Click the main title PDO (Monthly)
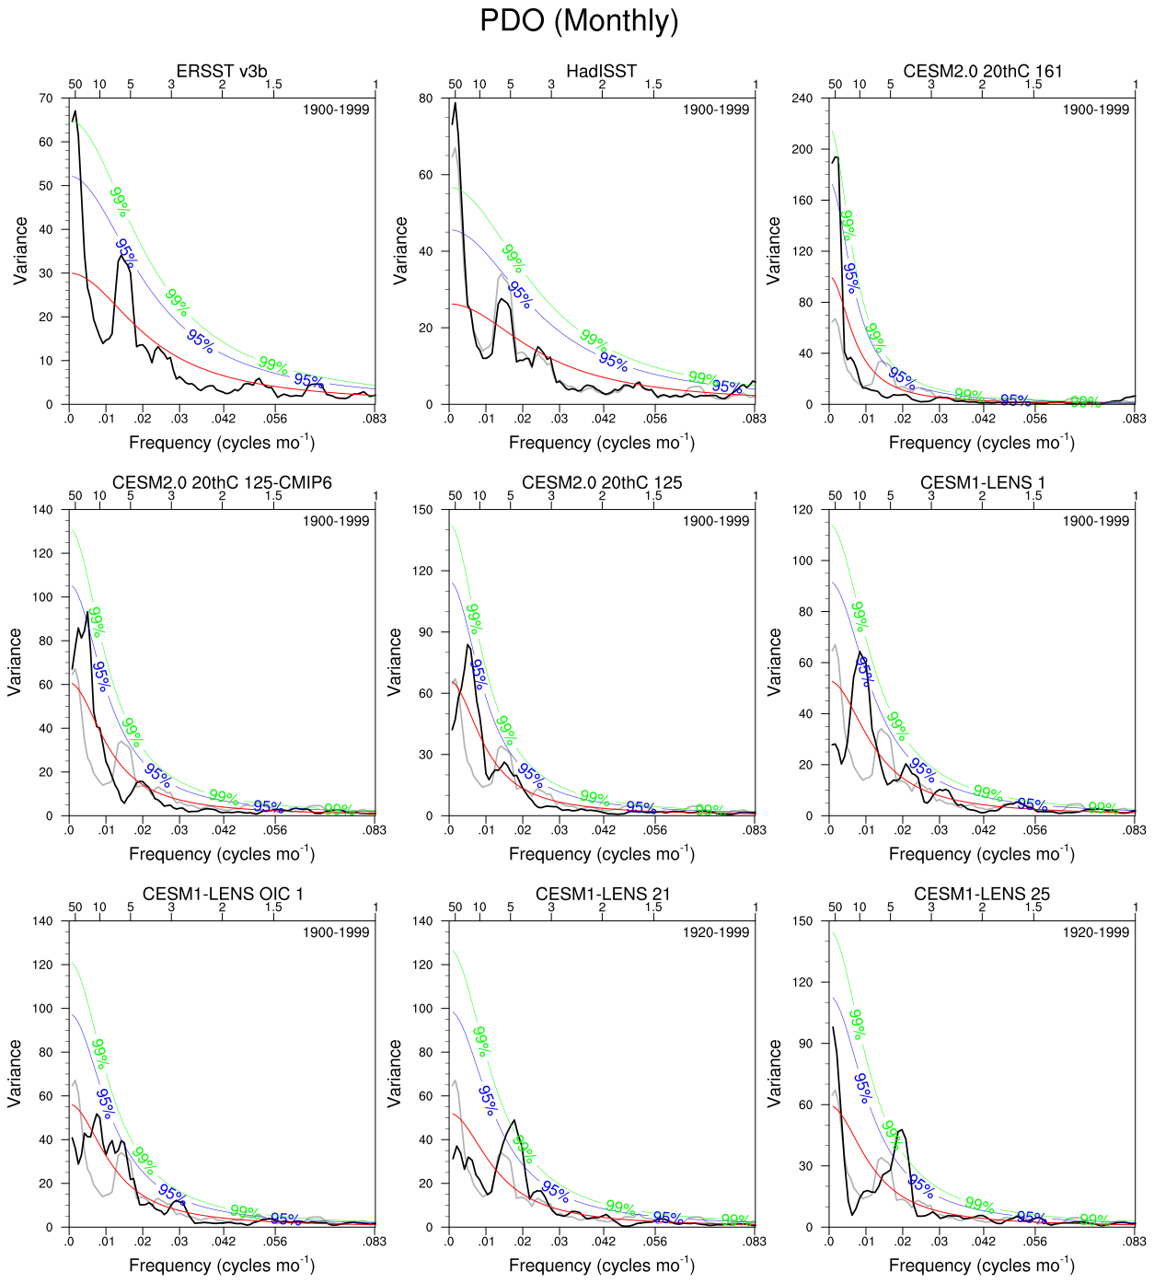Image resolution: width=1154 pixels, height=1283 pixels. point(579,20)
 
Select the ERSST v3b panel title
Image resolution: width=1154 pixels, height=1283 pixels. point(222,71)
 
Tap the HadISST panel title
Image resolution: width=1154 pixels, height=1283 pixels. point(601,71)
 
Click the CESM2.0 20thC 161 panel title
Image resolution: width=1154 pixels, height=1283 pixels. point(982,71)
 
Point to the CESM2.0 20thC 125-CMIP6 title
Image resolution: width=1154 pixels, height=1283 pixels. point(222,482)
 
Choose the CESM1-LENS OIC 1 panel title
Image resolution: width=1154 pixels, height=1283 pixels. point(222,894)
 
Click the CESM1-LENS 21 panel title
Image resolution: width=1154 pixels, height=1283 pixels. point(602,894)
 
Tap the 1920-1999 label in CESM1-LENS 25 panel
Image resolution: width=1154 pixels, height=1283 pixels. point(1095,932)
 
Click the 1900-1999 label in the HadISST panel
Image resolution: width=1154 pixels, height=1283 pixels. point(715,110)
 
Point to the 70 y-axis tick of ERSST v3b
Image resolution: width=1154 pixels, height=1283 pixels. point(47,98)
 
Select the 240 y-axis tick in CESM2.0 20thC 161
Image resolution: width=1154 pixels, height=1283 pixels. point(802,98)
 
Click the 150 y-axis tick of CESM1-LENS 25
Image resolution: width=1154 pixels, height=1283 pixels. point(802,921)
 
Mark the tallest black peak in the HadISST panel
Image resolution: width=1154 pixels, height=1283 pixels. point(455,102)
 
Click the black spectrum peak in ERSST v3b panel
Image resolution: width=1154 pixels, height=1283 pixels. point(75,111)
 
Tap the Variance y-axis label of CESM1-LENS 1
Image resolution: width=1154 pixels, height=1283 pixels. point(774,661)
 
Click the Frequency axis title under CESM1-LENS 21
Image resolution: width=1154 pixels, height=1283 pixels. point(601,1266)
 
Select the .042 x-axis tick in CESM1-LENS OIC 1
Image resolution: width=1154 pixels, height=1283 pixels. point(224,1242)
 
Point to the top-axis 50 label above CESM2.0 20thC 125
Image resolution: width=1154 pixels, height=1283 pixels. point(455,496)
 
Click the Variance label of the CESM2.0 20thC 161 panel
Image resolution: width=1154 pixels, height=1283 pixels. point(774,250)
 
